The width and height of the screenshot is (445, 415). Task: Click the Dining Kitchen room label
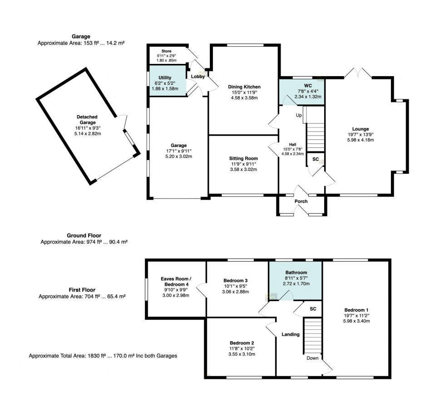[x=244, y=87]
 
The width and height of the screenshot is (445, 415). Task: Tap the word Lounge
[x=361, y=129]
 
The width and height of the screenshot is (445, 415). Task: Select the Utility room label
[x=165, y=78]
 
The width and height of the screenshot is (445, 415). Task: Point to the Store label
[x=166, y=51]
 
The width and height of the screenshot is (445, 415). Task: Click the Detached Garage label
[x=87, y=120]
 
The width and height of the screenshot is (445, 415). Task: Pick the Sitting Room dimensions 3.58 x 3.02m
[x=243, y=170]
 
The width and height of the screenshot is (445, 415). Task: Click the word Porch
[x=301, y=201]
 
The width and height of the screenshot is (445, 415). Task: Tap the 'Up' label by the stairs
[x=299, y=115]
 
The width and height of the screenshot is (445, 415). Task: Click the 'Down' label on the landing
[x=312, y=358]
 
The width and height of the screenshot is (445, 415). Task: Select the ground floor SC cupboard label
[x=316, y=159]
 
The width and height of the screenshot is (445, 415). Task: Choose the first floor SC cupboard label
[x=313, y=309]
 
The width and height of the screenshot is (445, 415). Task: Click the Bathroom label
[x=296, y=273]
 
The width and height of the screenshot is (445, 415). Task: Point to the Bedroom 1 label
[x=356, y=310]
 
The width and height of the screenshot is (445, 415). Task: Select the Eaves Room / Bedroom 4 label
[x=176, y=282]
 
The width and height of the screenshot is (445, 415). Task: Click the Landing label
[x=291, y=335]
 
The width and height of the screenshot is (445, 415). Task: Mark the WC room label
[x=308, y=86]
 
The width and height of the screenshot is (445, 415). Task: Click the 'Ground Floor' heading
[x=84, y=235]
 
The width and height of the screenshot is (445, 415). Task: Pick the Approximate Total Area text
[x=103, y=356]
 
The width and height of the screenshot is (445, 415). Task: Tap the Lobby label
[x=198, y=77]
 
